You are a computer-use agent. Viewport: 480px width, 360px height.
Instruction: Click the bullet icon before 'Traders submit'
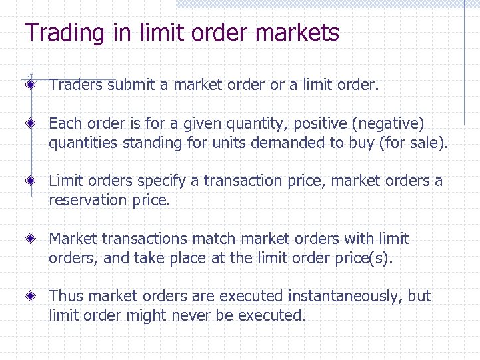coord(31,85)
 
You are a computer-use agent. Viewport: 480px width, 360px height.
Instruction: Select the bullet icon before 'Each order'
coord(31,123)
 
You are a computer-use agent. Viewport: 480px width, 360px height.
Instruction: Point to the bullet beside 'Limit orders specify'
coord(31,181)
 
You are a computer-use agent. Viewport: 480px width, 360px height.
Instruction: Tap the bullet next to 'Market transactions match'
coord(31,238)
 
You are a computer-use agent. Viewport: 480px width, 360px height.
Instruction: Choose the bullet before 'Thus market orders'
coord(31,295)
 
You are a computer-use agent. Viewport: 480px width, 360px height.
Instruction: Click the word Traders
coord(76,85)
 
